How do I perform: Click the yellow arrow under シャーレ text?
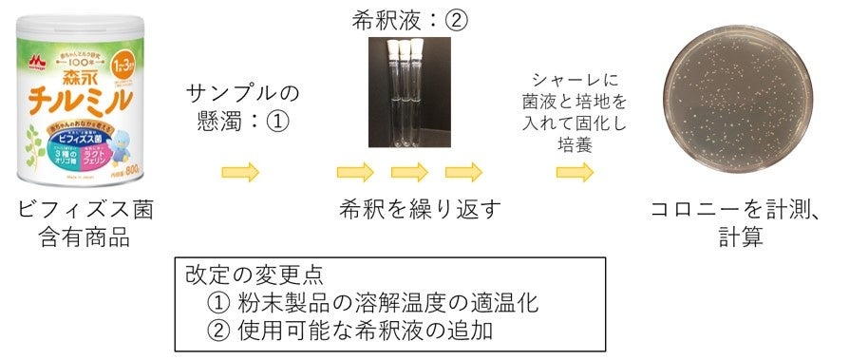pos(575,173)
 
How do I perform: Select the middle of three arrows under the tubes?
pos(410,173)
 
